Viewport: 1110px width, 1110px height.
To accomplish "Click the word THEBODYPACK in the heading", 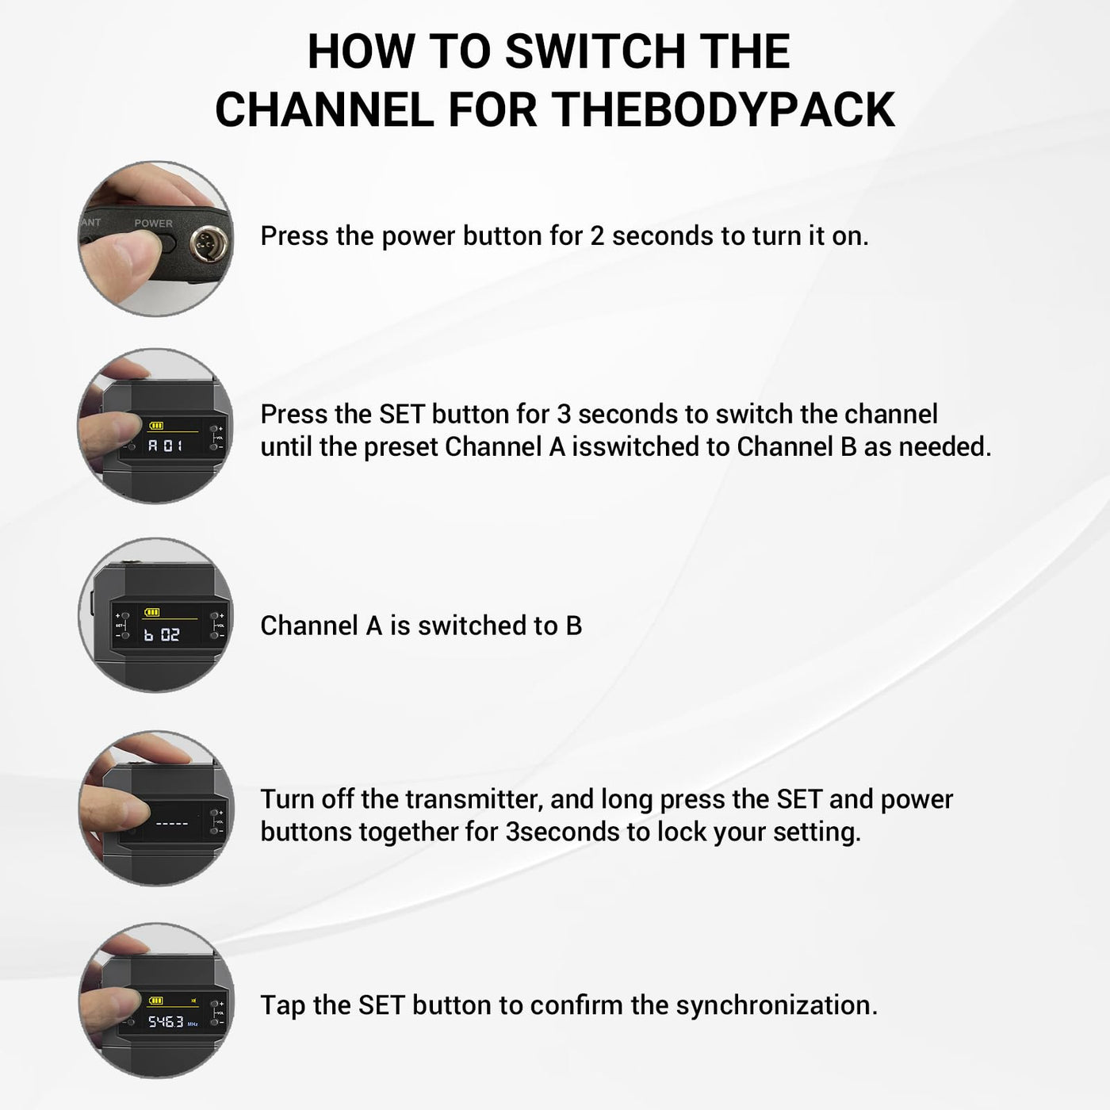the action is [x=724, y=109].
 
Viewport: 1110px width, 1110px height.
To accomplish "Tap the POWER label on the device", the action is [x=153, y=223].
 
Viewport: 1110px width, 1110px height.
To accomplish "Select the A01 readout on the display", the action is [x=166, y=446].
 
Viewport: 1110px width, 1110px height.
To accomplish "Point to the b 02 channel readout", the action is [x=161, y=635].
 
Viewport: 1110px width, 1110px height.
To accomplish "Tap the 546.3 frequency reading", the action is [x=166, y=1022].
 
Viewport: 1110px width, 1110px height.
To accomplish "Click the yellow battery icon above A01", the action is [x=156, y=426].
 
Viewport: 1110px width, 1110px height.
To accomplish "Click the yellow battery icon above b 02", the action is [x=152, y=612].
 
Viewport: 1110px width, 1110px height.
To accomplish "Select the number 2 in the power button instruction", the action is [x=597, y=236].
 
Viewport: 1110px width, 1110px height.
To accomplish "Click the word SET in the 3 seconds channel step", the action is [x=401, y=414].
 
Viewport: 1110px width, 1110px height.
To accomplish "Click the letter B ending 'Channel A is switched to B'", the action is [x=574, y=626].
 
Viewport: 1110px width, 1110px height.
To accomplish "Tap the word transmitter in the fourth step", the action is [x=475, y=799].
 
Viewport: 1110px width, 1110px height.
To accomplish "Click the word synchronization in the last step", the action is [x=776, y=1005].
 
